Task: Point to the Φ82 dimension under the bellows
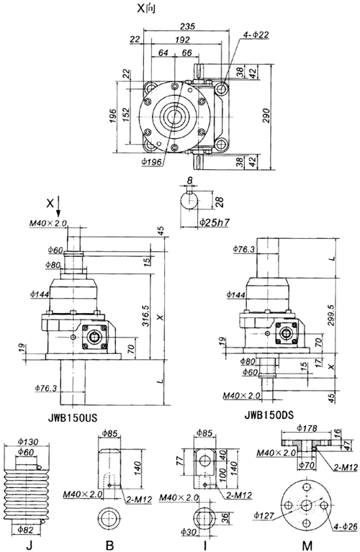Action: click(x=26, y=528)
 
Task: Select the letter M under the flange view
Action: click(x=307, y=545)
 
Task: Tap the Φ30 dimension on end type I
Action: click(x=186, y=532)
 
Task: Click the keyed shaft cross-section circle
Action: click(x=189, y=198)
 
